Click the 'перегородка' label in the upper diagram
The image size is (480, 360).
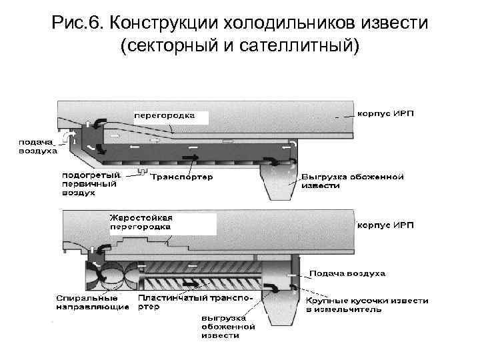pyautogui.click(x=165, y=115)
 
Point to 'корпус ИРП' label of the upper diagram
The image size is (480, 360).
pyautogui.click(x=386, y=114)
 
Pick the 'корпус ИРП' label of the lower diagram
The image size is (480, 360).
pyautogui.click(x=386, y=225)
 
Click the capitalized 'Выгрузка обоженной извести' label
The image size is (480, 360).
pyautogui.click(x=353, y=181)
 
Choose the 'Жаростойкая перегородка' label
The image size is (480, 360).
pyautogui.click(x=141, y=222)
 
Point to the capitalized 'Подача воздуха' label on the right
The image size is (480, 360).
pyautogui.click(x=347, y=274)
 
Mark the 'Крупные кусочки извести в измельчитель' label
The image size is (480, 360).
pyautogui.click(x=367, y=305)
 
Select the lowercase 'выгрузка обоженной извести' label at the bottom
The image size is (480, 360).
pyautogui.click(x=228, y=327)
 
